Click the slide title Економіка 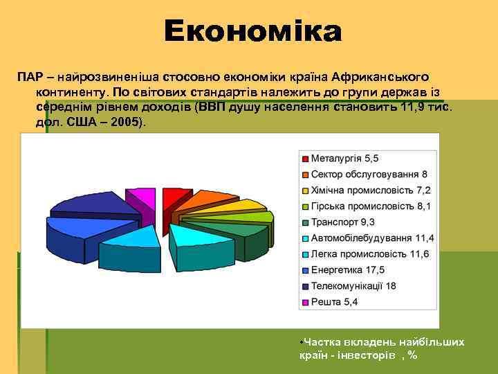pyautogui.click(x=252, y=31)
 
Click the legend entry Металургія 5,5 pyautogui.click(x=344, y=159)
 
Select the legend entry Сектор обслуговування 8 pyautogui.click(x=369, y=175)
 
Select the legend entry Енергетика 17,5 pyautogui.click(x=348, y=270)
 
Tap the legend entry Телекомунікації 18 pyautogui.click(x=353, y=286)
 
